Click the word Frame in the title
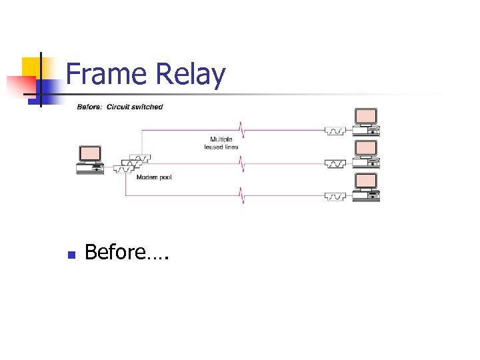pos(107,75)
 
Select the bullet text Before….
pos(126,253)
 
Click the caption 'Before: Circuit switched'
pos(120,107)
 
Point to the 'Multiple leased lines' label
pos(221,143)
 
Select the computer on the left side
pos(90,159)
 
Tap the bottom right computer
pos(366,187)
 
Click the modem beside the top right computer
pos(335,131)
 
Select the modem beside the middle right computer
pos(335,163)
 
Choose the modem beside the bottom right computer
pos(335,196)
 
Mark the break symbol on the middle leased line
pos(242,161)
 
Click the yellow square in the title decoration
pos(31,67)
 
